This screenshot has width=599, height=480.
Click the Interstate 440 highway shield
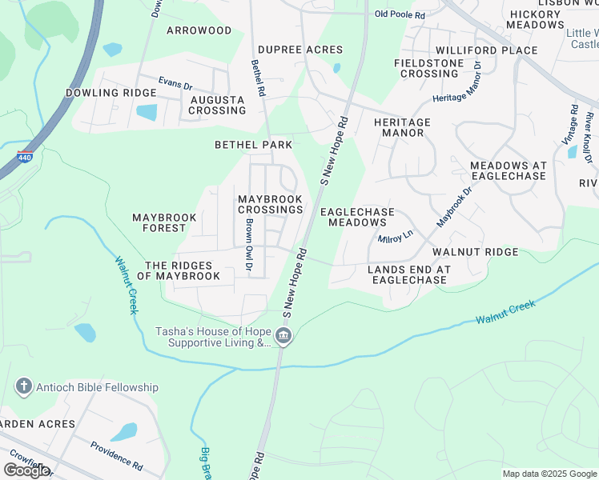click(x=26, y=157)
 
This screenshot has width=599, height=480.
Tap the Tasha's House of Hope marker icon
click(x=283, y=338)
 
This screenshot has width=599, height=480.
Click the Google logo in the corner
click(x=26, y=470)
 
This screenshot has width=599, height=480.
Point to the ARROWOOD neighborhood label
click(x=199, y=30)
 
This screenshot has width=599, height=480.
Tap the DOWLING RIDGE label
click(x=111, y=93)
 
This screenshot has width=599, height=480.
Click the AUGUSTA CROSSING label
click(x=217, y=105)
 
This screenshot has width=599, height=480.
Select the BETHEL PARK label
click(x=253, y=145)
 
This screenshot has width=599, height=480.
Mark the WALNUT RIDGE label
click(x=475, y=252)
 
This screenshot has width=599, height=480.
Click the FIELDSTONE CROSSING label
click(x=428, y=68)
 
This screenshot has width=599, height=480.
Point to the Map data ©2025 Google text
click(x=549, y=474)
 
